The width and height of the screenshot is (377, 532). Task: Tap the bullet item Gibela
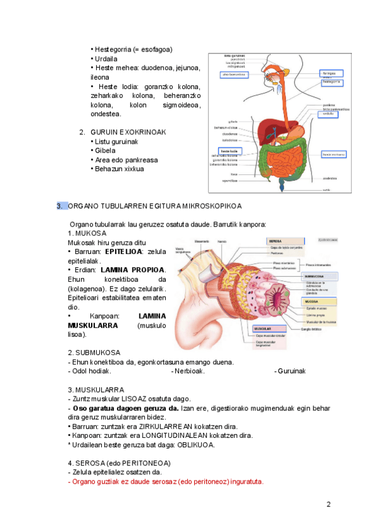point(105,151)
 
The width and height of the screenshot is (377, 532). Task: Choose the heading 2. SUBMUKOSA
point(94,353)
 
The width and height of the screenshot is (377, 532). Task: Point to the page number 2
point(328,505)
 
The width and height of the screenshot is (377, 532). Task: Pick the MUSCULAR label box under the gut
point(263,328)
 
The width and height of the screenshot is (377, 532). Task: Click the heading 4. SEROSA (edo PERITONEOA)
point(119,463)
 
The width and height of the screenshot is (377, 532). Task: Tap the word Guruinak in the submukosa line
point(290,371)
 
